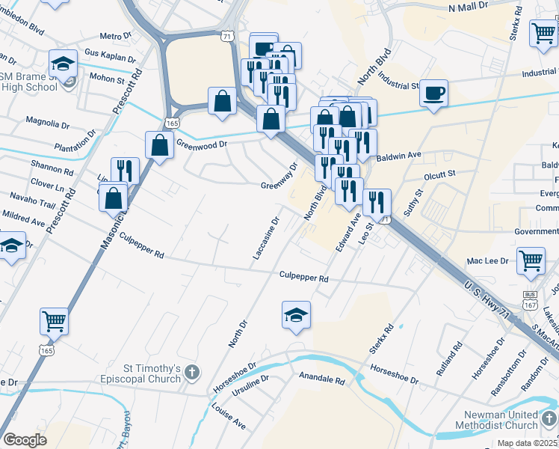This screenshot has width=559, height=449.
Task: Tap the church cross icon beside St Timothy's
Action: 192,372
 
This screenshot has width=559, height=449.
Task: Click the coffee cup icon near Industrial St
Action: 433,94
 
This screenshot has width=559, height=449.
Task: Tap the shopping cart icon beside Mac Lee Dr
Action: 530,260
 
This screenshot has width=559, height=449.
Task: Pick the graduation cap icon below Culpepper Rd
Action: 296,315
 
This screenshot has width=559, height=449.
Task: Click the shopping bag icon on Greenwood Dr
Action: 160,144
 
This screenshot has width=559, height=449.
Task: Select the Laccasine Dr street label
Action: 265,239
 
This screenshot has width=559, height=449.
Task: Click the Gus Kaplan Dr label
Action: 110,56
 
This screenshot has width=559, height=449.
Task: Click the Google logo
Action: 25,439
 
